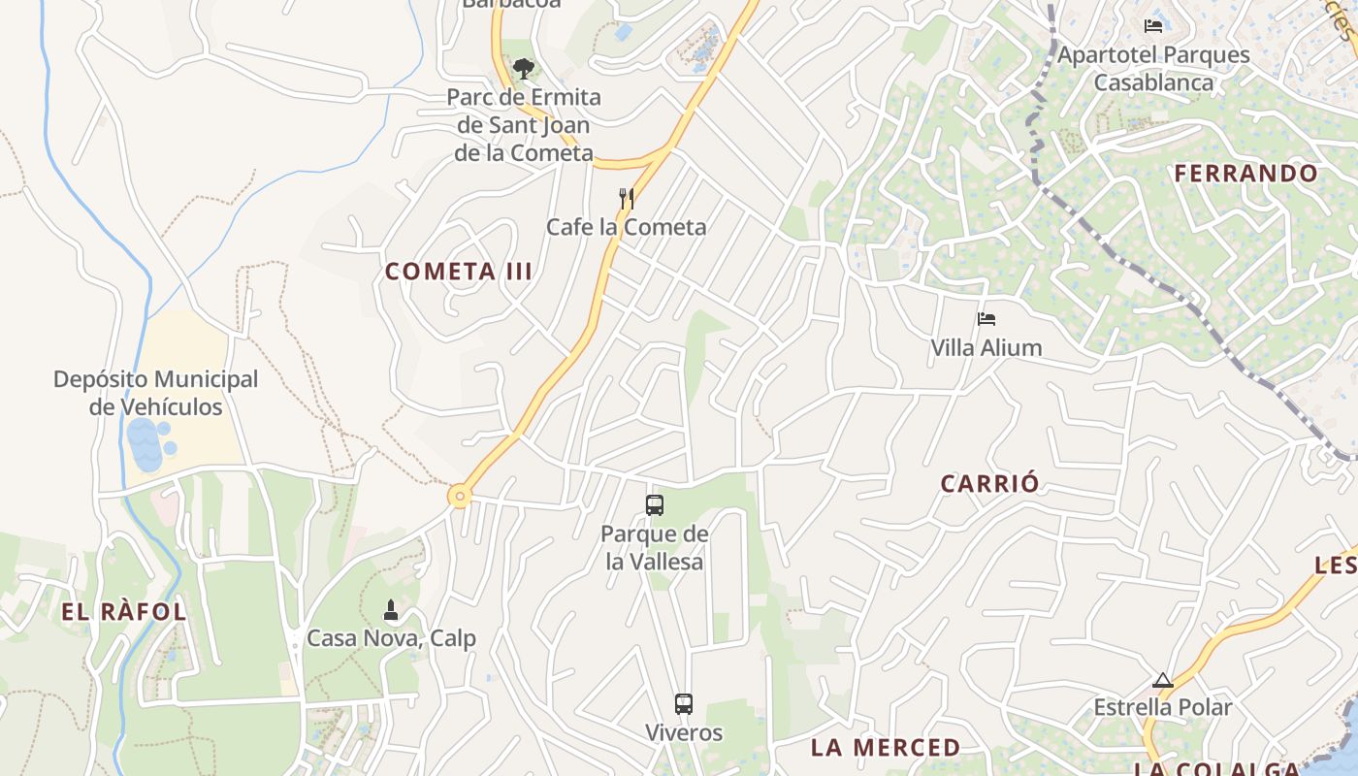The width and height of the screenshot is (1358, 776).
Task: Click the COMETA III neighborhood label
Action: tap(459, 272)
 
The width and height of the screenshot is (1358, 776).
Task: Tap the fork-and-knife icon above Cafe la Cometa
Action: tap(627, 199)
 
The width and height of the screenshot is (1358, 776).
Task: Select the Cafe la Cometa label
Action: tap(626, 227)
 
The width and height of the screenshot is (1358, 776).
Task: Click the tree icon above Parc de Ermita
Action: tap(524, 69)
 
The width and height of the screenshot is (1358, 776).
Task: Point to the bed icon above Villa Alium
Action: tap(986, 318)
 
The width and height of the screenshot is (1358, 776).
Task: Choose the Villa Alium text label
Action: tap(986, 347)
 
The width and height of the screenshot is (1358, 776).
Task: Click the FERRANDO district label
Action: tap(1246, 174)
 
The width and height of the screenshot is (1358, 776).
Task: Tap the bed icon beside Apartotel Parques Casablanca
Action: tap(1153, 26)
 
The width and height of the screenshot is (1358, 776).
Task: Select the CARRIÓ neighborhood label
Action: tap(990, 483)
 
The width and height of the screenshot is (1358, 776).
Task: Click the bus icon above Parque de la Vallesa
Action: tap(655, 504)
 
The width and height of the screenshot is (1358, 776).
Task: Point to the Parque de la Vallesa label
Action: tap(655, 547)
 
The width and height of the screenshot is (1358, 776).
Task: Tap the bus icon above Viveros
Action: tap(684, 704)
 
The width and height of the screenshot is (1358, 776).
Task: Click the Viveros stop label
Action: tap(684, 732)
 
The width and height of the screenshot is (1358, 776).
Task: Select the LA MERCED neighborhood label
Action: tap(886, 748)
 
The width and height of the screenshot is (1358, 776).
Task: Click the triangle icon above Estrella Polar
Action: tap(1163, 680)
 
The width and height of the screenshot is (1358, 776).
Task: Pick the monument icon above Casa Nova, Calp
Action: tap(391, 610)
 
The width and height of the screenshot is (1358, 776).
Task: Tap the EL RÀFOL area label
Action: tap(124, 612)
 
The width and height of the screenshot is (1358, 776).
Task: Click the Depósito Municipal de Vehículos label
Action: tap(156, 393)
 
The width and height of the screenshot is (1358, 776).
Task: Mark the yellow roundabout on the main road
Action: tap(460, 497)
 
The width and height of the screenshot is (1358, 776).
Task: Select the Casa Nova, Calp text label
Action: tap(391, 638)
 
